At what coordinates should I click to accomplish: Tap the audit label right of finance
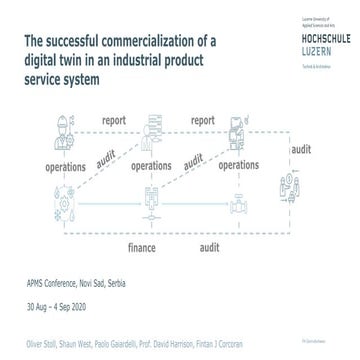[x=210, y=244]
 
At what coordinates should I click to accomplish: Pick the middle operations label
[x=150, y=164]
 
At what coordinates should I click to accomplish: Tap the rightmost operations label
[x=239, y=164]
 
